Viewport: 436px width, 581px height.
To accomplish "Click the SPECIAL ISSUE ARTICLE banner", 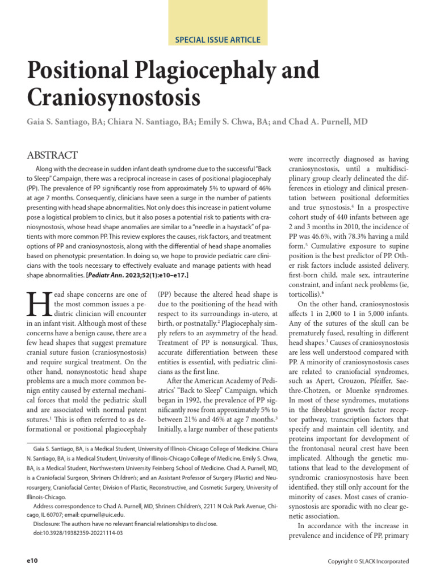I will click(218, 40).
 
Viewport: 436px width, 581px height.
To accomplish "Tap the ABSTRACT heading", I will click(52, 155).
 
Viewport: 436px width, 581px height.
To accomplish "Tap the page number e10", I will click(32, 561).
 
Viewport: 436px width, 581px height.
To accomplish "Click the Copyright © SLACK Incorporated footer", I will click(369, 561).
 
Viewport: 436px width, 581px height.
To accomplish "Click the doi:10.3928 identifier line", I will click(78, 533).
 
